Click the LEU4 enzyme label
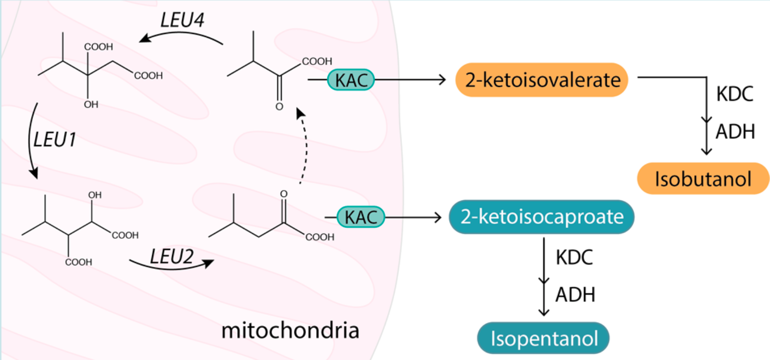click(182, 20)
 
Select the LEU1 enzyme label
click(55, 140)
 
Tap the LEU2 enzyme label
click(172, 256)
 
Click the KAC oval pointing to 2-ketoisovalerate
click(351, 80)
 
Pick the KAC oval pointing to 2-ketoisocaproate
click(361, 217)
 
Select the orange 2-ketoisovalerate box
click(542, 80)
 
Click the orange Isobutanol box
click(703, 179)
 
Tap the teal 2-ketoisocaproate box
click(542, 217)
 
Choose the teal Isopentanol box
click(544, 338)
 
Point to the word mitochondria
click(290, 330)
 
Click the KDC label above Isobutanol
click(735, 94)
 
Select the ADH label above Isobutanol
click(735, 131)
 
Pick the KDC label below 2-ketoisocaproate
click(574, 257)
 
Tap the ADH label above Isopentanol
click(575, 295)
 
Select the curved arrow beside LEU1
click(30, 141)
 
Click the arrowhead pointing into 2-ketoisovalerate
click(442, 80)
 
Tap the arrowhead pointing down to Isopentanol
click(544, 311)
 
